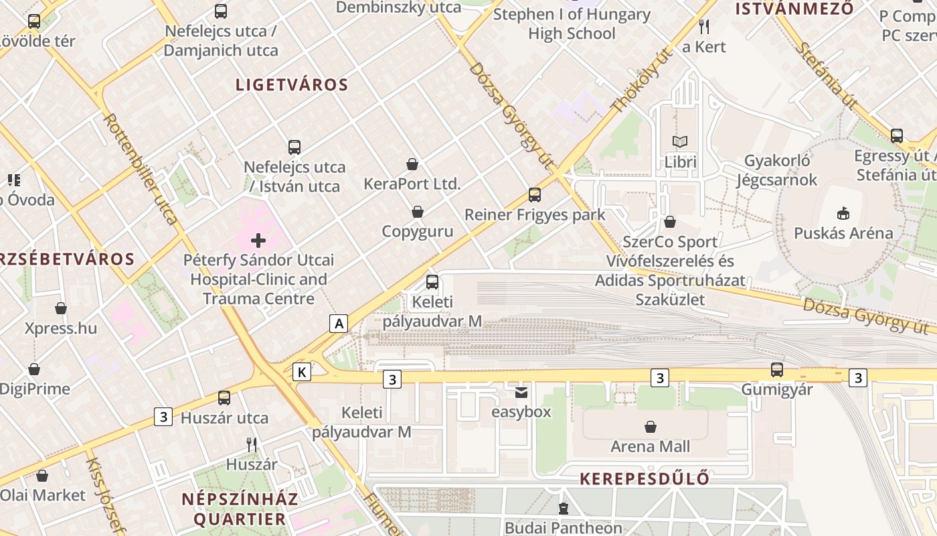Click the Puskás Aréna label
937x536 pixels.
coord(843,233)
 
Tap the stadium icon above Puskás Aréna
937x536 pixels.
coord(843,214)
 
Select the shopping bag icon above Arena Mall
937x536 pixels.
coord(650,427)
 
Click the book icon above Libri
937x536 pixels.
coord(680,142)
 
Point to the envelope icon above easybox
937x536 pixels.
coord(521,392)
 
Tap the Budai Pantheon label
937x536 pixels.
coord(564,528)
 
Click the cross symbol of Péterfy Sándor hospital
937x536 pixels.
coord(258,240)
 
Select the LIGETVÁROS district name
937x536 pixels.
coord(292,84)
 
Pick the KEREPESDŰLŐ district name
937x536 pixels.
coord(645,478)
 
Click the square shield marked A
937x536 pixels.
coord(339,324)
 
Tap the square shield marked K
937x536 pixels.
coord(303,373)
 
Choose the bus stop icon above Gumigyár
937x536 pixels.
coord(776,369)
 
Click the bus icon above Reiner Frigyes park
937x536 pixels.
coord(534,195)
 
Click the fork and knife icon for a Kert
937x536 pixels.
coord(703,27)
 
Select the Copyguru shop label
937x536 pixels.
coord(417,232)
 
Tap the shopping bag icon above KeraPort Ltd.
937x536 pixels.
coord(412,164)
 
